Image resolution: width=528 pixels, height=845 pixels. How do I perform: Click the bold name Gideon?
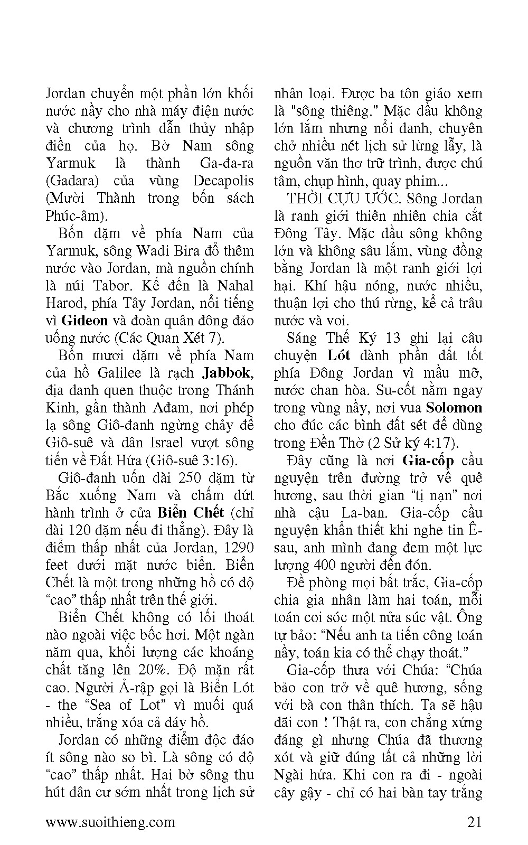tap(84, 321)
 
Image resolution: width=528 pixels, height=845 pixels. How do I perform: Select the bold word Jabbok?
tap(226, 373)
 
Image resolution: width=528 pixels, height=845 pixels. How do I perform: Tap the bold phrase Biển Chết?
tap(191, 513)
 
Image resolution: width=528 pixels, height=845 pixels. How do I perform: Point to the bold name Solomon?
tap(454, 408)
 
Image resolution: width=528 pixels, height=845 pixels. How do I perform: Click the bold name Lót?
tap(338, 355)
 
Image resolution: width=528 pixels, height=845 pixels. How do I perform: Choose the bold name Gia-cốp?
tap(428, 461)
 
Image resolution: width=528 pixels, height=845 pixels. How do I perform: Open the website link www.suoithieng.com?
tap(110, 822)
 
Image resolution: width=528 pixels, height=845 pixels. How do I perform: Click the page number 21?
tap(474, 822)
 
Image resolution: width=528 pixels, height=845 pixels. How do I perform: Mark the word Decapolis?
tap(223, 181)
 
